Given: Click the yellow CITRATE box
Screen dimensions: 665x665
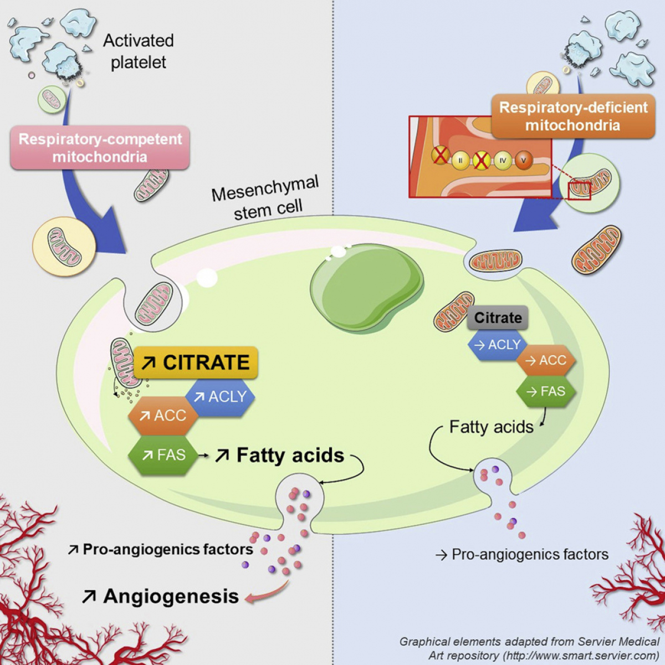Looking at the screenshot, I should pos(196,362).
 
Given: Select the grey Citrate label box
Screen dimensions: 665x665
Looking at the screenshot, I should pos(498,318).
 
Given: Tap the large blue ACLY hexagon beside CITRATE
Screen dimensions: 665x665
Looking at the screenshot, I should pos(221,397).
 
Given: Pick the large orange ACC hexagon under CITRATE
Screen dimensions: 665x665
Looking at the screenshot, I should pos(163,416).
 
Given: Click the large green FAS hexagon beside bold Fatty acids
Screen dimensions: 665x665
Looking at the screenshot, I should pos(163,456).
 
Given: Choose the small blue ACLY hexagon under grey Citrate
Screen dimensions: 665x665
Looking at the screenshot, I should pos(498,345).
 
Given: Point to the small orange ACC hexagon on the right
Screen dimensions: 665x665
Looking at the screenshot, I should pos(546,360).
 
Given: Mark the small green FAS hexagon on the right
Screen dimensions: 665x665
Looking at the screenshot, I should pos(546,391).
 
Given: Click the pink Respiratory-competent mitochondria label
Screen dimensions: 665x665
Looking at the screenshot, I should pos(100,147).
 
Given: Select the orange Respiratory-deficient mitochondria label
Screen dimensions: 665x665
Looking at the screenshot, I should pos(573,116).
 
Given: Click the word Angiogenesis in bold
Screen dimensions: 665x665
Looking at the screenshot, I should pos(171,596).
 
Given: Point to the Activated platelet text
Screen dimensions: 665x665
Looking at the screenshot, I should pos(138,51).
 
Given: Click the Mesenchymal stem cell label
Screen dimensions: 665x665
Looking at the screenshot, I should pos(266,198).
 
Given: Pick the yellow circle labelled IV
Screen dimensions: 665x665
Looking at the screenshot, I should pos(503,161).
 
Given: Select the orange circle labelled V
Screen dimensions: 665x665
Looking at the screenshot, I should pos(523,161).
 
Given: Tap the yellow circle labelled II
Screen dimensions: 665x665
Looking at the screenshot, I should pos(461,161).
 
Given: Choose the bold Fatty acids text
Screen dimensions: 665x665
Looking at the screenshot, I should pos(290,456).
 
